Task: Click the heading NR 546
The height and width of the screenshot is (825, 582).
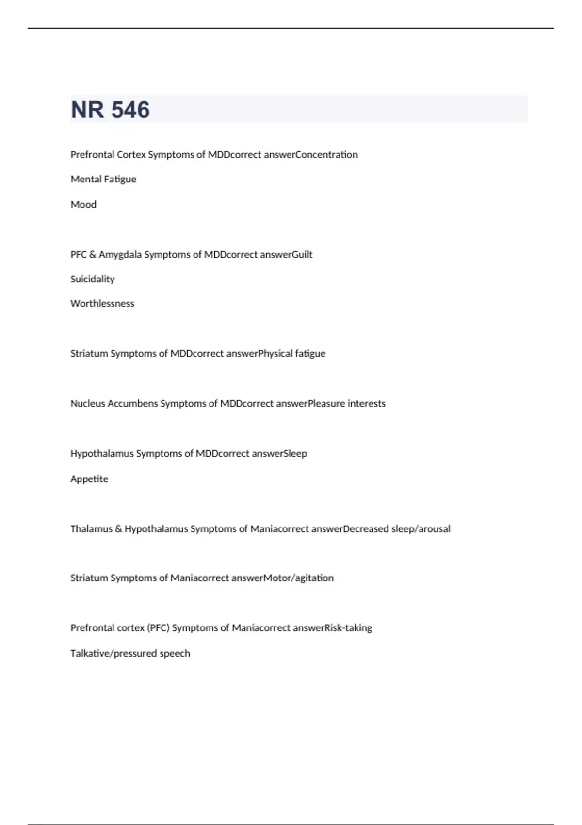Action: [110, 110]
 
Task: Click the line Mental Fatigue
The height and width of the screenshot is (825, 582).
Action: [103, 179]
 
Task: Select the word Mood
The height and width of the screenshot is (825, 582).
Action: [83, 204]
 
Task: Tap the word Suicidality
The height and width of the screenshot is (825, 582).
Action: [92, 279]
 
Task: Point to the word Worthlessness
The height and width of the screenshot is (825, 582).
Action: [102, 303]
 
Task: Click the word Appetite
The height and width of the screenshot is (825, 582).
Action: [89, 478]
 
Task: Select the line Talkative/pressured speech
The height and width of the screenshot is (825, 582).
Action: [130, 653]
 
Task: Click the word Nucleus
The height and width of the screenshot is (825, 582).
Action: [87, 403]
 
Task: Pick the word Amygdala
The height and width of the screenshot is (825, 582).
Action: [120, 254]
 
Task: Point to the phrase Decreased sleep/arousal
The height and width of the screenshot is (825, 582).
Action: [397, 528]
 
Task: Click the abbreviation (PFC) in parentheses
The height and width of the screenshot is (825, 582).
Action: [158, 627]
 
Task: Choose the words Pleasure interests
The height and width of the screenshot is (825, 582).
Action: [347, 403]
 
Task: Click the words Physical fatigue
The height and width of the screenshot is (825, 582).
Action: [292, 353]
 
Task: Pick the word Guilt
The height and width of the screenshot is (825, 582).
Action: [302, 254]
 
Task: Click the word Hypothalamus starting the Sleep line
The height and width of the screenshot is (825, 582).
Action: [101, 453]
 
